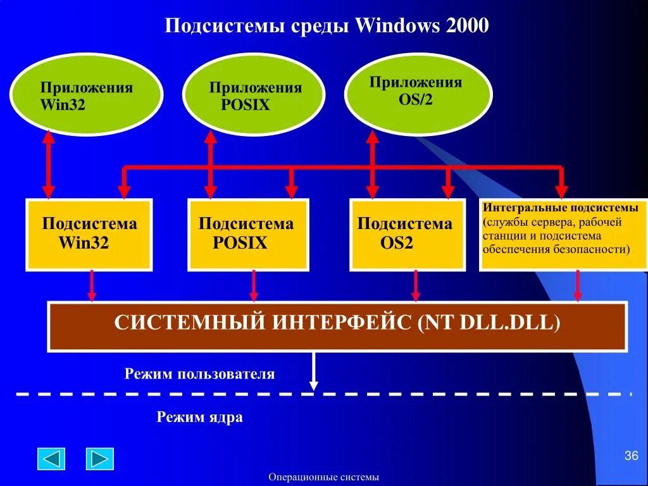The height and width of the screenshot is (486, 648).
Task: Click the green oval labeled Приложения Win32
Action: pos(86,96)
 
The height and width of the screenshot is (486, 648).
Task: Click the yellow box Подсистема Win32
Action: pos(89,234)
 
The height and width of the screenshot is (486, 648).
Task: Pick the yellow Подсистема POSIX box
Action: pos(248,234)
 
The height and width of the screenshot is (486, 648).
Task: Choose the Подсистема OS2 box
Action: pos(407,234)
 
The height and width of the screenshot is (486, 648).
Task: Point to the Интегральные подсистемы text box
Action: pos(563,234)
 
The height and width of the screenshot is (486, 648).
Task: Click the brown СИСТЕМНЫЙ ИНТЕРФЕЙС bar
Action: pos(337,325)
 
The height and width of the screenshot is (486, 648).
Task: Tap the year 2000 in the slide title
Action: pos(467,26)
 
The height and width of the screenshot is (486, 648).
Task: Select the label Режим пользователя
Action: pos(199,374)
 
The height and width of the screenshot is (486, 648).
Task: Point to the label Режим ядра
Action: pos(199,418)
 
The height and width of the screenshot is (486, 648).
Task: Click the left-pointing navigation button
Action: pos(51,458)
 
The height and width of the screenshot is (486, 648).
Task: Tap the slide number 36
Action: pos(631,456)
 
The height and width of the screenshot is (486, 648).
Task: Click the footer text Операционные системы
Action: pos(323,477)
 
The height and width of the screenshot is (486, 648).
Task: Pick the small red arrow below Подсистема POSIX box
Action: pos(254,285)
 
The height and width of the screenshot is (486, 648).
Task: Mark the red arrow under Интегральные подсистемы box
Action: pos(578,285)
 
